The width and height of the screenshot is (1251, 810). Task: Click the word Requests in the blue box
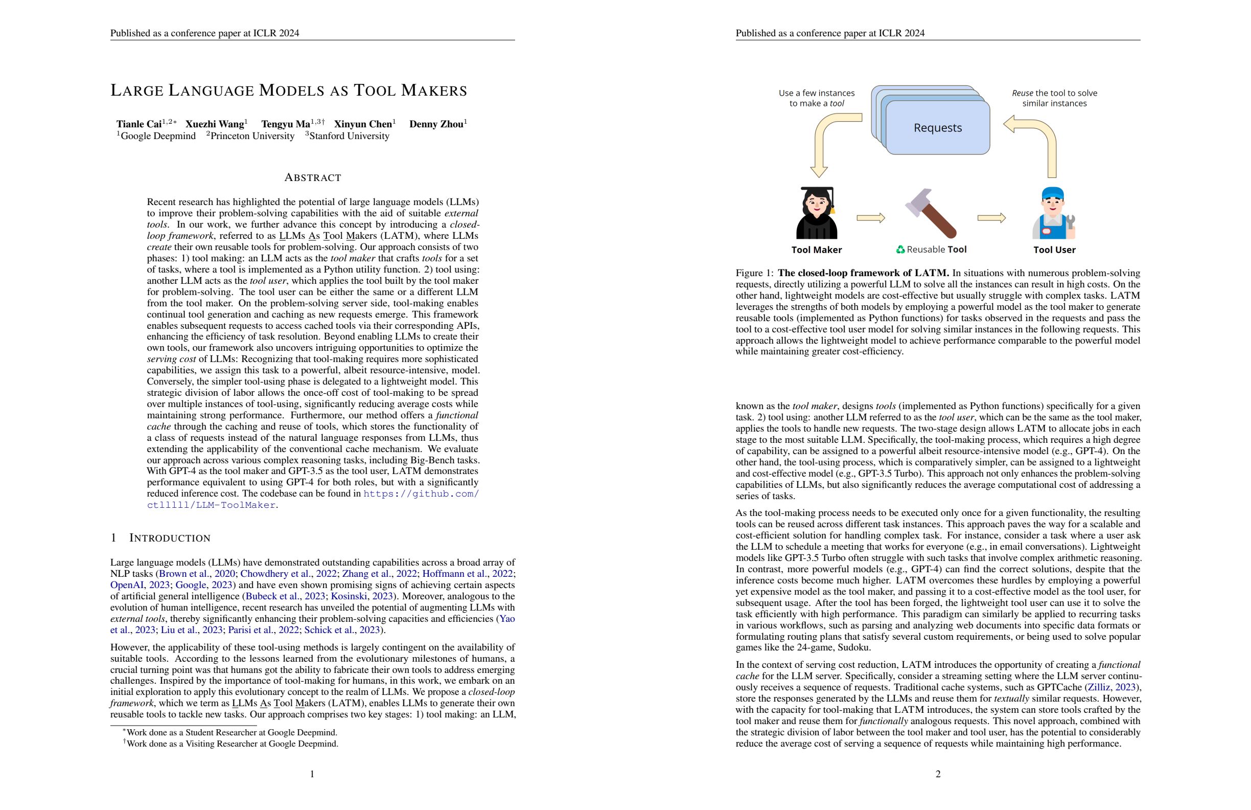coord(938,128)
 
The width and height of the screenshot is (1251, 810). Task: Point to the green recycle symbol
coord(900,250)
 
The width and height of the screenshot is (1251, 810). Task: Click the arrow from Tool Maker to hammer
coord(871,218)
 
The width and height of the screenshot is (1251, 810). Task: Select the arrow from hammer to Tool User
coord(991,218)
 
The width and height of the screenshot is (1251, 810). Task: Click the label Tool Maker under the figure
coord(816,250)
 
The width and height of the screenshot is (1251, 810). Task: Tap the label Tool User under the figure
coord(1054,250)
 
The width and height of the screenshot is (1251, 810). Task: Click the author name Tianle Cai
coord(139,124)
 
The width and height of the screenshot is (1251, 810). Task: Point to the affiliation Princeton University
coord(252,136)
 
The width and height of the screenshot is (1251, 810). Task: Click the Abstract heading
coord(313,178)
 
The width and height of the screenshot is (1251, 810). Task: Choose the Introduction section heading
coord(169,538)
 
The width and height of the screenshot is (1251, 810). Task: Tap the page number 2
coord(938,774)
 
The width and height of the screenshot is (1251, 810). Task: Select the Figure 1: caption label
coord(755,273)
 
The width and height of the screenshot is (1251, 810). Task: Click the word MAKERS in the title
coord(434,91)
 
